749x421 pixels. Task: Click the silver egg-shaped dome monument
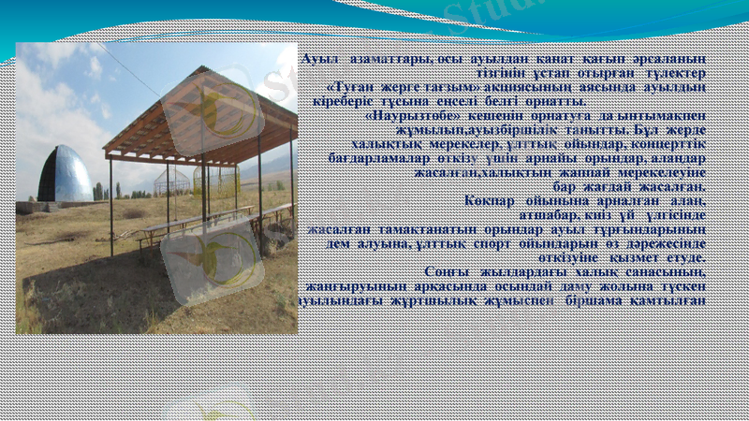[65, 175]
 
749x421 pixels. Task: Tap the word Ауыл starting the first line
[318, 59]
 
